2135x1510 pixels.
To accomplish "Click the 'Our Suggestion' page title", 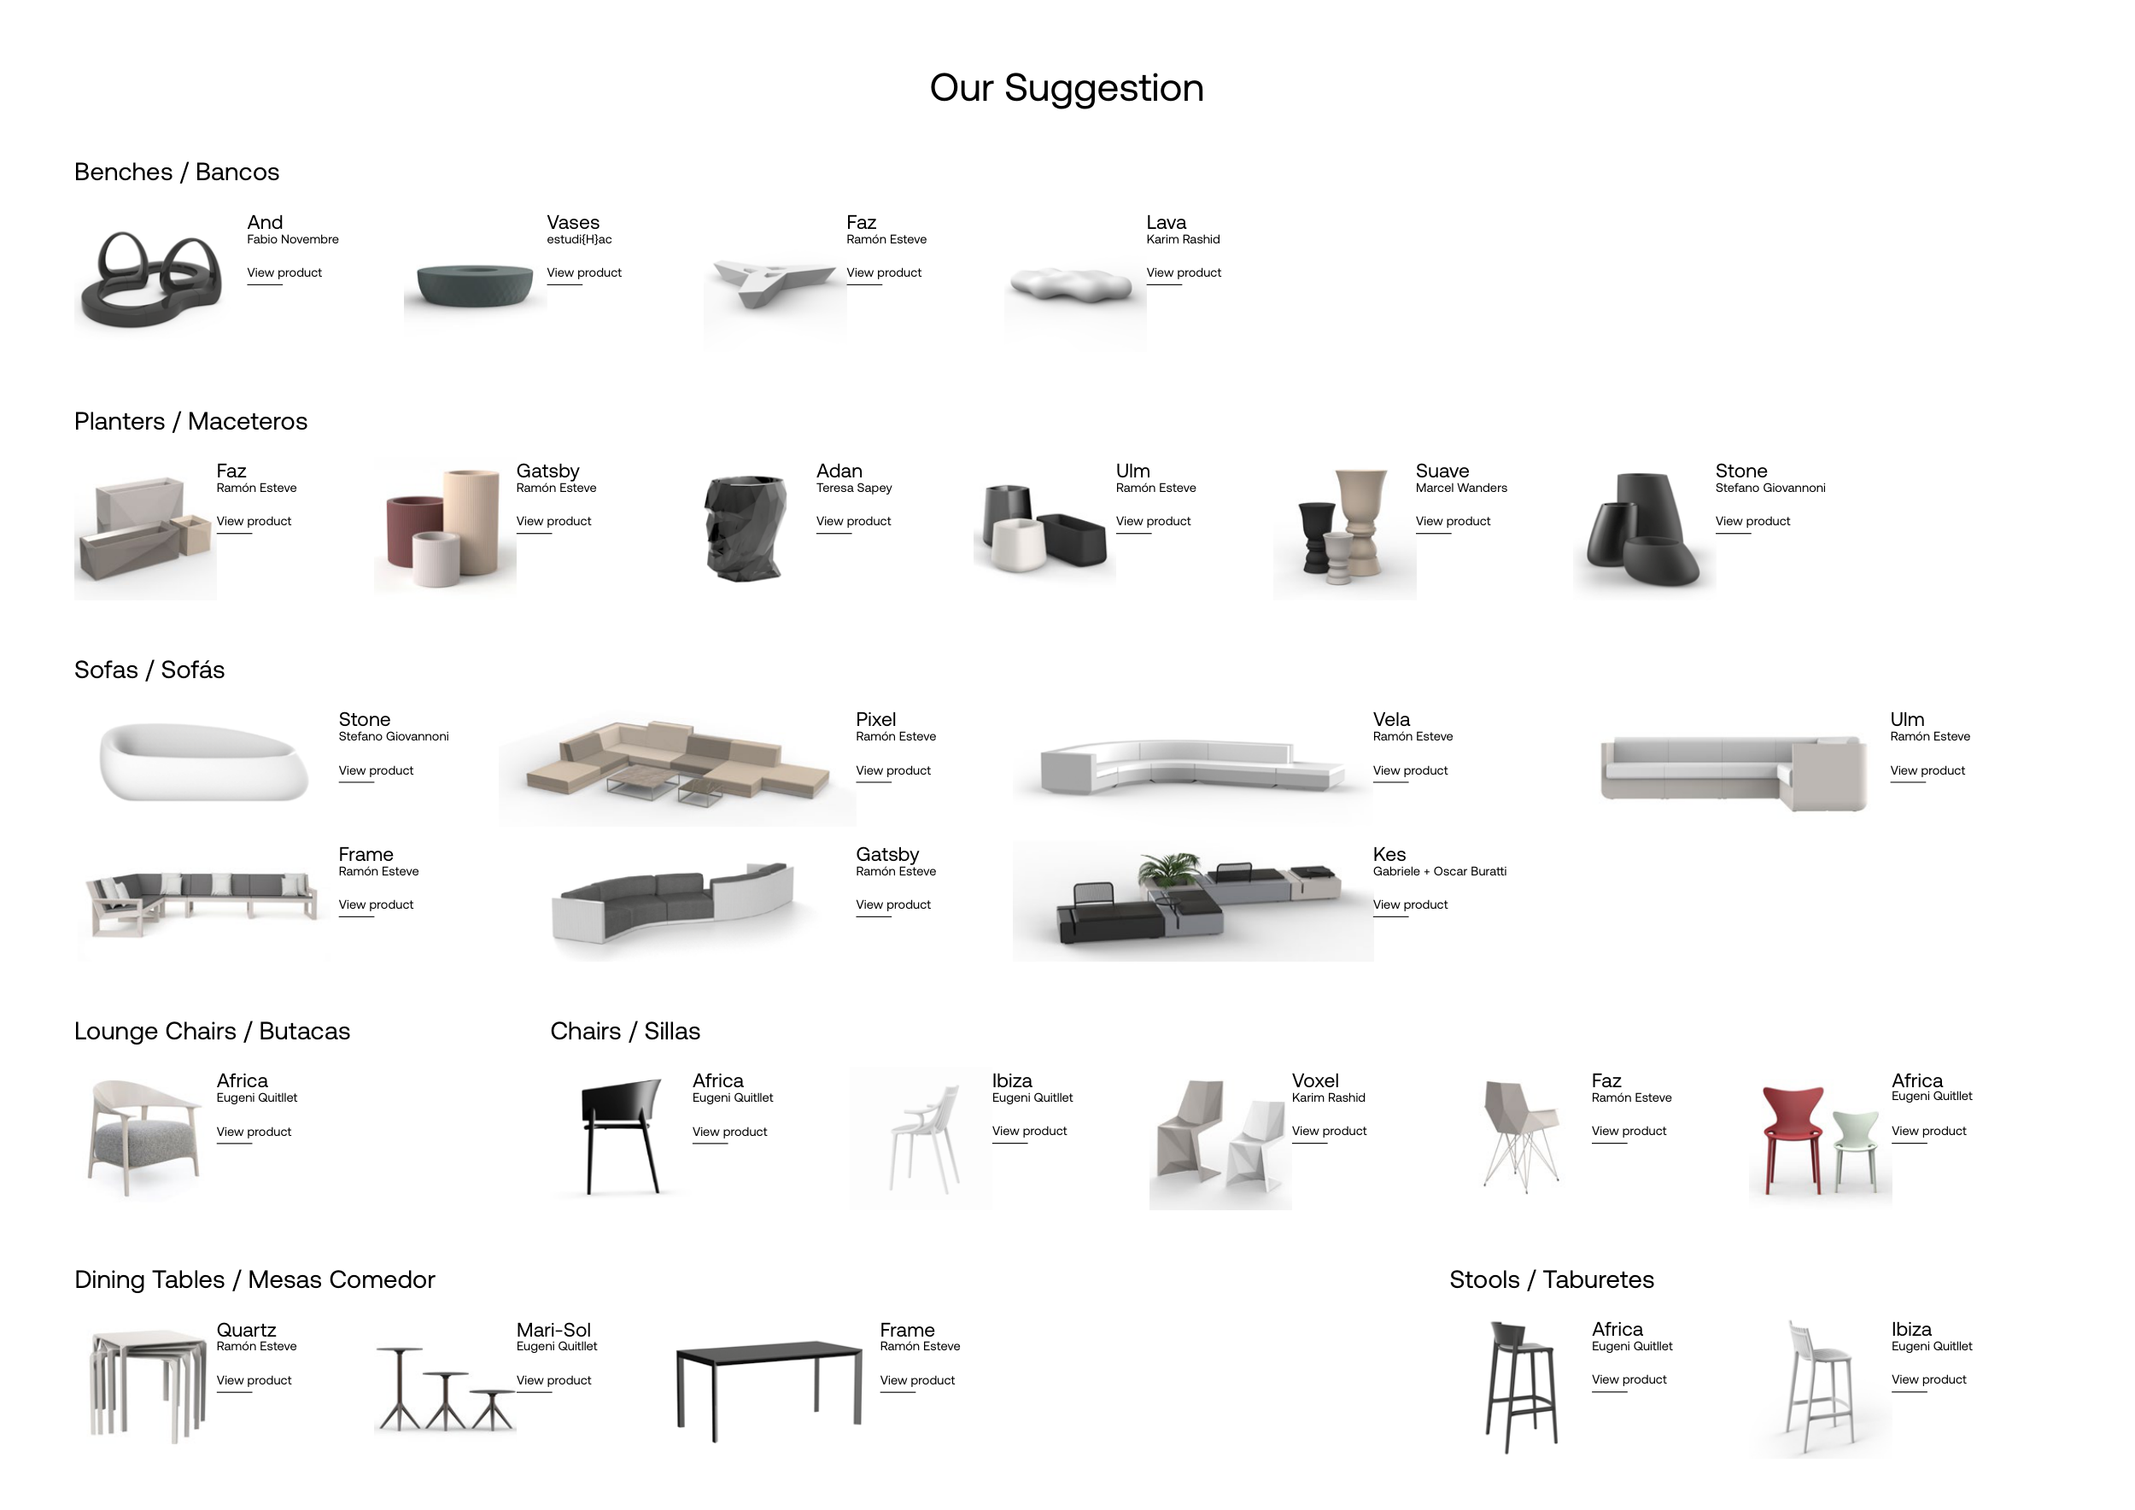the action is pyautogui.click(x=1067, y=88).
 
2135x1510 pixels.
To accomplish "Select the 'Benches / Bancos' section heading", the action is pyautogui.click(x=177, y=172).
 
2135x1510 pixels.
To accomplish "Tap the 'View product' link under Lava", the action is pyautogui.click(x=1184, y=272).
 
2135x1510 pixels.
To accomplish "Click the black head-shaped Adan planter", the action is pyautogui.click(x=746, y=528).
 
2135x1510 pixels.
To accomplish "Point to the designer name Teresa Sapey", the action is pyautogui.click(x=854, y=489).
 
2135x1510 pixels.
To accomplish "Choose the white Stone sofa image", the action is pyautogui.click(x=202, y=761).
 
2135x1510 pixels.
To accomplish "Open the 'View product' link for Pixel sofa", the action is pyautogui.click(x=892, y=771).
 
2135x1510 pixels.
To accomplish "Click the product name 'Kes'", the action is pyautogui.click(x=1389, y=854).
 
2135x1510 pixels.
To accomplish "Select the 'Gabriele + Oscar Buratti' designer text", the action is pyautogui.click(x=1440, y=871).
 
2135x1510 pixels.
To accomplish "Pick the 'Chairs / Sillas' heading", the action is pyautogui.click(x=625, y=1031).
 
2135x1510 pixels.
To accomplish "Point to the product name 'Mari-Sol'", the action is pyautogui.click(x=553, y=1331).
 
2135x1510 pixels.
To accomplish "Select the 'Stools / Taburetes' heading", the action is pyautogui.click(x=1552, y=1280).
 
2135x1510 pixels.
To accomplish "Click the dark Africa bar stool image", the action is pyautogui.click(x=1521, y=1386).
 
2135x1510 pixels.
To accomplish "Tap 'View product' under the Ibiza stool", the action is pyautogui.click(x=1928, y=1380).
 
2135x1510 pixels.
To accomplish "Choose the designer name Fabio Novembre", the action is pyautogui.click(x=293, y=240).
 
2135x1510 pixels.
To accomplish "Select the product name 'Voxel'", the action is pyautogui.click(x=1315, y=1081).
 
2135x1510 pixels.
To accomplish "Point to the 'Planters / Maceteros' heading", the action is pyautogui.click(x=190, y=421).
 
